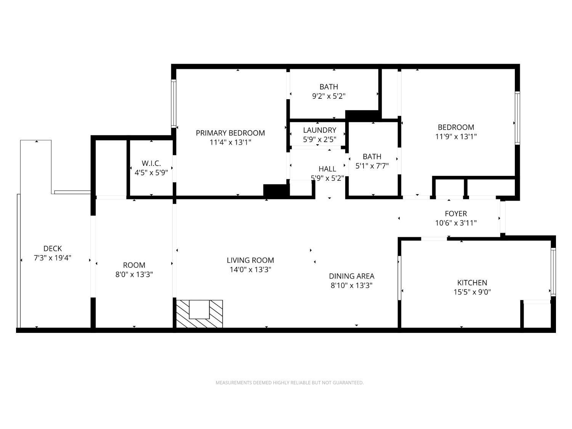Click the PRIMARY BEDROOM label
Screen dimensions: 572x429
(230, 133)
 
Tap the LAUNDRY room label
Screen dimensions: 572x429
(320, 130)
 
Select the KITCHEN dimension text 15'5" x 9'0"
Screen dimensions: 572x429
(472, 292)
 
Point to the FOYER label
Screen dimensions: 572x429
(456, 214)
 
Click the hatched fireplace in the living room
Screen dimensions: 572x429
(199, 313)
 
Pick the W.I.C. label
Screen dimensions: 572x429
(151, 163)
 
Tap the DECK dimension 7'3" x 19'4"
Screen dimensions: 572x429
(52, 258)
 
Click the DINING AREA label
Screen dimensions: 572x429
(352, 276)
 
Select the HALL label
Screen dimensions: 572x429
(327, 169)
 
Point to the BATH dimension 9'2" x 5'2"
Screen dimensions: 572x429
(329, 96)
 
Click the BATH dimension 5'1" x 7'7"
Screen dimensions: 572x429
(372, 166)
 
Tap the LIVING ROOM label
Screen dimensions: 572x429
(250, 260)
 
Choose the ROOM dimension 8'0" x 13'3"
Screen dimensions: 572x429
(134, 274)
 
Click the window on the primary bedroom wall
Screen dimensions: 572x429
(173, 104)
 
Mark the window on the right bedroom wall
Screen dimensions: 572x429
(517, 118)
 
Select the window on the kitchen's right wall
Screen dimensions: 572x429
(553, 272)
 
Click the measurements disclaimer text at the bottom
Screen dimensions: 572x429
(289, 382)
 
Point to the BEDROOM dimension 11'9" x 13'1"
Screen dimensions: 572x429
(456, 137)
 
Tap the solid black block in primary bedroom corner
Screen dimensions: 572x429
(276, 190)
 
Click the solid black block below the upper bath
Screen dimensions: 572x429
(362, 115)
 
